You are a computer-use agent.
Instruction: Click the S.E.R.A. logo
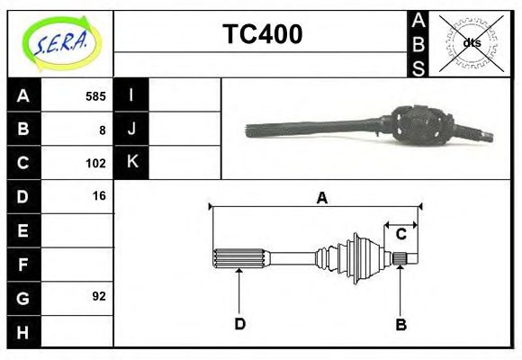click(59, 41)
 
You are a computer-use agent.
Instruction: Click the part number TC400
click(262, 35)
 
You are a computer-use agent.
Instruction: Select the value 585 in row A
click(95, 96)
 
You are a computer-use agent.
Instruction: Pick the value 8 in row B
click(103, 130)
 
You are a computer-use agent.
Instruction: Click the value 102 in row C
click(95, 164)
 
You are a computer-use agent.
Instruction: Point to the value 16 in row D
click(99, 195)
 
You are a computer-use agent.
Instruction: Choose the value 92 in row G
click(99, 295)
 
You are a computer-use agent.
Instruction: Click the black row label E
click(23, 230)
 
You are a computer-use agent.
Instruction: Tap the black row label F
click(23, 264)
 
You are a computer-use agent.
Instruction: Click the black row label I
click(131, 95)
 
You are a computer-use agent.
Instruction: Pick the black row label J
click(131, 129)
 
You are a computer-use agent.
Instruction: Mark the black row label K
click(131, 163)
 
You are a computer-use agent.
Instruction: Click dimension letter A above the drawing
click(321, 198)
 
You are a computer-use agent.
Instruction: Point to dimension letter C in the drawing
click(401, 234)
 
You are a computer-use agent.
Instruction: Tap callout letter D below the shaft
click(239, 323)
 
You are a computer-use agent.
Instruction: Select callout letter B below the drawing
click(401, 324)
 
